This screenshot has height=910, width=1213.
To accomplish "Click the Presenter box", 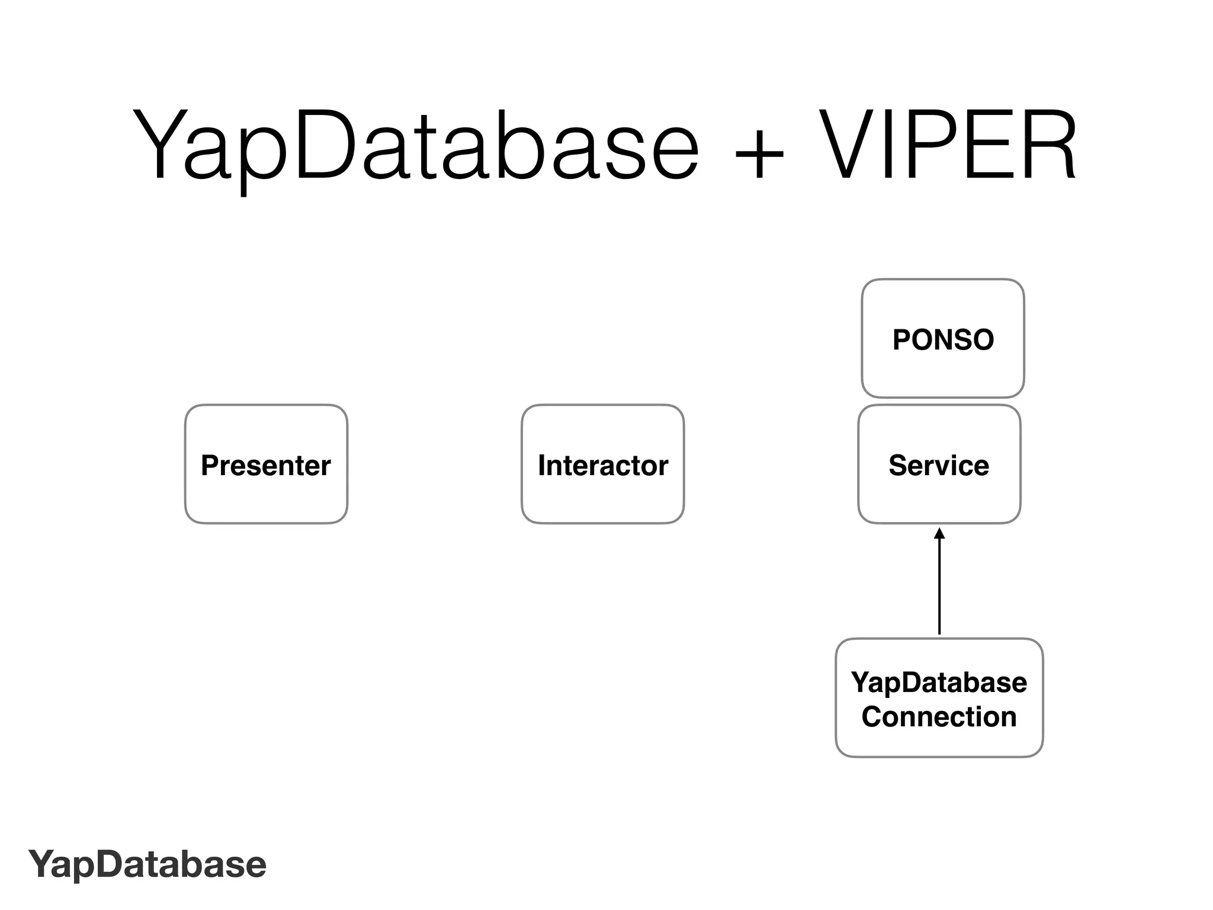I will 266,464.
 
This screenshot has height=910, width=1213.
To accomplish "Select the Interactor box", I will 602,464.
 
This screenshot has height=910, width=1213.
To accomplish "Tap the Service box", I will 939,464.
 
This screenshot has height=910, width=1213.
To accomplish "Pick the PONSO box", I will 942,338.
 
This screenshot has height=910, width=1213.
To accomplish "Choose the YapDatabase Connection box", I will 939,697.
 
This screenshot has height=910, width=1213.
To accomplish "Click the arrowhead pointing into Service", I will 939,534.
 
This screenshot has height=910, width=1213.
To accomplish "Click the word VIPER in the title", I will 948,145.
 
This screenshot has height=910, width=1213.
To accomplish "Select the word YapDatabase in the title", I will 415,145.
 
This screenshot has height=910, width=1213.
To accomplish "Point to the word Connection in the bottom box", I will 939,717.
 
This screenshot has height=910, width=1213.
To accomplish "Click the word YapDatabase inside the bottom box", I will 939,682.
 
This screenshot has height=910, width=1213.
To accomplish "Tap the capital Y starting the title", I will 157,145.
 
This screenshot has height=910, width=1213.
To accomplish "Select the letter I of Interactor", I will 541,465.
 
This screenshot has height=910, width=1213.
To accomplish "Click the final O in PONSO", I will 982,339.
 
